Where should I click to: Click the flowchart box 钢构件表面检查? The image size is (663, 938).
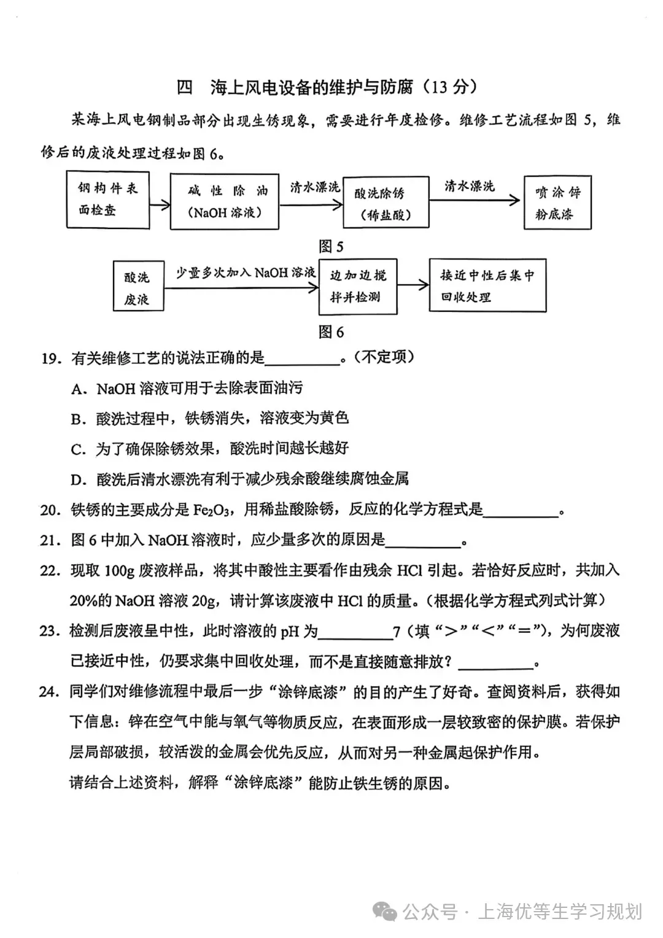coord(107,200)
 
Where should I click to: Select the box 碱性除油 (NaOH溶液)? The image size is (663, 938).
coord(224,201)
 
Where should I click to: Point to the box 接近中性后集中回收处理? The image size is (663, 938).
coord(487,286)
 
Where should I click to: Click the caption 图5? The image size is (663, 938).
coord(331,247)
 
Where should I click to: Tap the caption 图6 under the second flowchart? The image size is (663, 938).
coord(331,332)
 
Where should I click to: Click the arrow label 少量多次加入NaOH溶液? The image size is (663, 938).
coord(246,273)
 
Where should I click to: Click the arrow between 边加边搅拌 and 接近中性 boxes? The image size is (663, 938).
coord(413,284)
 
